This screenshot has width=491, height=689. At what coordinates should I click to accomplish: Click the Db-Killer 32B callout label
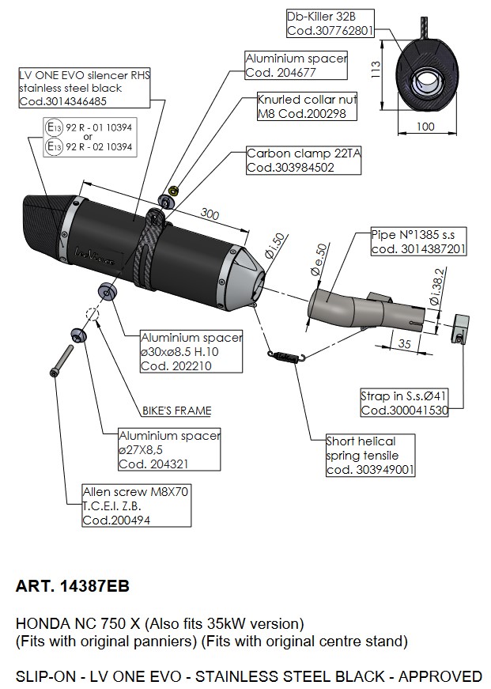(330, 23)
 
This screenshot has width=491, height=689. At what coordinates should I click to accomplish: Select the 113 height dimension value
(376, 70)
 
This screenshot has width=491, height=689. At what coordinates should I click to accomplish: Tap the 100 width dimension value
(425, 127)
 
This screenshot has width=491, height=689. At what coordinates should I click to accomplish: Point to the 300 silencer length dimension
(210, 214)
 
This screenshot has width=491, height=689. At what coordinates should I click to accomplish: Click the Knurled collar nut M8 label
(307, 106)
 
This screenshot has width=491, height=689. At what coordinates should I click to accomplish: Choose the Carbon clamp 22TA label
(304, 161)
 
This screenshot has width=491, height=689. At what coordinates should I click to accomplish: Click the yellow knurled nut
(173, 191)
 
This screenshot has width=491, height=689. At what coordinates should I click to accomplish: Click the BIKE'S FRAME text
(176, 411)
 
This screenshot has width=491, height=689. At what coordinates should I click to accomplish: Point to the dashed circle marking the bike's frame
(93, 314)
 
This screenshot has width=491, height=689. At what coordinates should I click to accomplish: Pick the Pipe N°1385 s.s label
(418, 242)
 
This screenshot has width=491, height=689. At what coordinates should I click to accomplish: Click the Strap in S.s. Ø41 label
(404, 403)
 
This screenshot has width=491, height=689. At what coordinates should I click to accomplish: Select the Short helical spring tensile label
(370, 455)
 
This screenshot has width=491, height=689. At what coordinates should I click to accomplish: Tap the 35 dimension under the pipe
(405, 343)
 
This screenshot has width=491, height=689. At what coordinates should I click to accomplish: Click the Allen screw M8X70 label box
(137, 505)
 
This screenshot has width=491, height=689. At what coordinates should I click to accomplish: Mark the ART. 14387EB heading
(73, 586)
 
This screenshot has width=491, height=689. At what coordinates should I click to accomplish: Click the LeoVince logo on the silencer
(95, 256)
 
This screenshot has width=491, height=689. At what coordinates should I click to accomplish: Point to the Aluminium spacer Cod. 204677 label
(296, 66)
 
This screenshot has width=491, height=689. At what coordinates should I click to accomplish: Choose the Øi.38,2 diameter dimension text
(436, 287)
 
